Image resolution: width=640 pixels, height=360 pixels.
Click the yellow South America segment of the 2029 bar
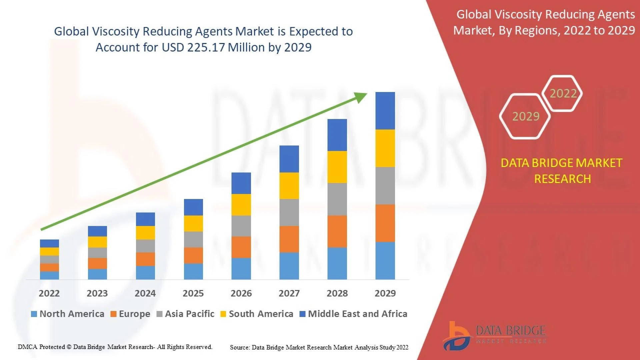pyautogui.click(x=385, y=148)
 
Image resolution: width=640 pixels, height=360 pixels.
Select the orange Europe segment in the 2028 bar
pyautogui.click(x=337, y=231)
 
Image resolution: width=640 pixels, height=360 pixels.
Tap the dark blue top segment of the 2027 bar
pyautogui.click(x=289, y=159)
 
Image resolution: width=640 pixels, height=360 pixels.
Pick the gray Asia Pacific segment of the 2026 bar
pyautogui.click(x=241, y=226)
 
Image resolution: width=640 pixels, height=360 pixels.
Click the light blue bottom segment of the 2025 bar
pyautogui.click(x=193, y=271)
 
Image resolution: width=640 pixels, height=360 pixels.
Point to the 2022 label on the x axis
pyautogui.click(x=49, y=293)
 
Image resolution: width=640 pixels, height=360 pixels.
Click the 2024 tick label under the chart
pyautogui.click(x=145, y=293)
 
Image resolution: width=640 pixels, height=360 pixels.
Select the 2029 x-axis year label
pyautogui.click(x=385, y=293)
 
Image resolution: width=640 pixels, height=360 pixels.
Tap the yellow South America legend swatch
pyautogui.click(x=223, y=314)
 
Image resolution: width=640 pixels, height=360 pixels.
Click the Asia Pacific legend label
pyautogui.click(x=189, y=314)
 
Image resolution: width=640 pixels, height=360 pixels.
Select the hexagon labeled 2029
pyautogui.click(x=525, y=116)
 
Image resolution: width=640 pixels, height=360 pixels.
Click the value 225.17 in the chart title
pyautogui.click(x=206, y=48)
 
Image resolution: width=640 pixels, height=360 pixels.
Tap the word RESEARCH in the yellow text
pyautogui.click(x=562, y=179)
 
